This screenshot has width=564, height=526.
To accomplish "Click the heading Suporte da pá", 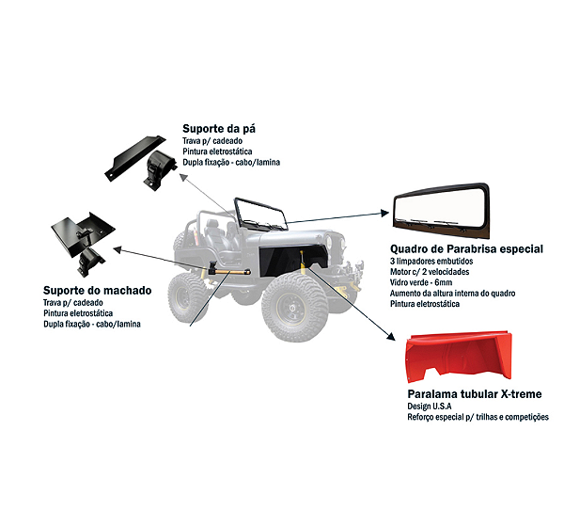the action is point(219,129).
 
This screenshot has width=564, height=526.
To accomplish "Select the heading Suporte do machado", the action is point(97,291).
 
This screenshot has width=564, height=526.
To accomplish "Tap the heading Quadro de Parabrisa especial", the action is point(466,248).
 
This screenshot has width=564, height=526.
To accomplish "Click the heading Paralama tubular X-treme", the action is point(475,394).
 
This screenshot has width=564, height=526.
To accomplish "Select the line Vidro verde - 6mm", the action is point(421,282).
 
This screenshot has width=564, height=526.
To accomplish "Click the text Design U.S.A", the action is point(430,406).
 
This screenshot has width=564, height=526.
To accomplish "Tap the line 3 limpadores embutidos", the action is point(431,261).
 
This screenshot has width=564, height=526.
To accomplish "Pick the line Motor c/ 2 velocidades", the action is point(430,272).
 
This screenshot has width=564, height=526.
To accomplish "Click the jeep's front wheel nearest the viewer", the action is point(294,307).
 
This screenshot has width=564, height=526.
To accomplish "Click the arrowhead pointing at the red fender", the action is point(391,336).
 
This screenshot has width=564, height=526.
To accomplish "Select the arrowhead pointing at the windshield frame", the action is point(384,214).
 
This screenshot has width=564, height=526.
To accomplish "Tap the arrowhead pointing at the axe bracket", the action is point(117,248).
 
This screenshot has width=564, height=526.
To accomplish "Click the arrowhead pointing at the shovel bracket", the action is point(183,177).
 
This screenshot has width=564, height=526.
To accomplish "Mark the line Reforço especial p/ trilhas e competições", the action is point(478,417).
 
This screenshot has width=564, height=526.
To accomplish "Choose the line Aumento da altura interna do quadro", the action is point(452,294).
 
